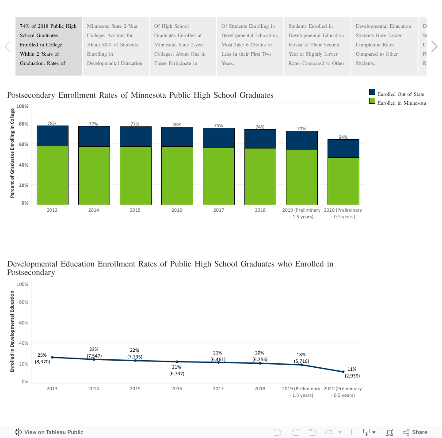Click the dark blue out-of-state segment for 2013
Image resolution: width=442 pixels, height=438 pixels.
click(x=52, y=136)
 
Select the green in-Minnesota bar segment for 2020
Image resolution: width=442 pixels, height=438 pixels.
click(x=343, y=181)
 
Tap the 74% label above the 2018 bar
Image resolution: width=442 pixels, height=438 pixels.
click(x=260, y=127)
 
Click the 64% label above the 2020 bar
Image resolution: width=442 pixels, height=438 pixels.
click(x=343, y=137)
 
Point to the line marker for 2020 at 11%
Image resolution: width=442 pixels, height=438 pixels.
click(x=343, y=372)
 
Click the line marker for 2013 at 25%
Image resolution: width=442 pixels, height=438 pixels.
click(x=52, y=357)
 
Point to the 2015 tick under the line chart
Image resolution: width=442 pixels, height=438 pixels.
click(x=135, y=388)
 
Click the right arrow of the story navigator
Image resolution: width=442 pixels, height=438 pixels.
click(x=434, y=46)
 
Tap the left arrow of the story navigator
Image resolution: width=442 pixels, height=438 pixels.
click(x=8, y=46)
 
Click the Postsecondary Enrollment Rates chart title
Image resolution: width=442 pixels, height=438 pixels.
click(x=140, y=95)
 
